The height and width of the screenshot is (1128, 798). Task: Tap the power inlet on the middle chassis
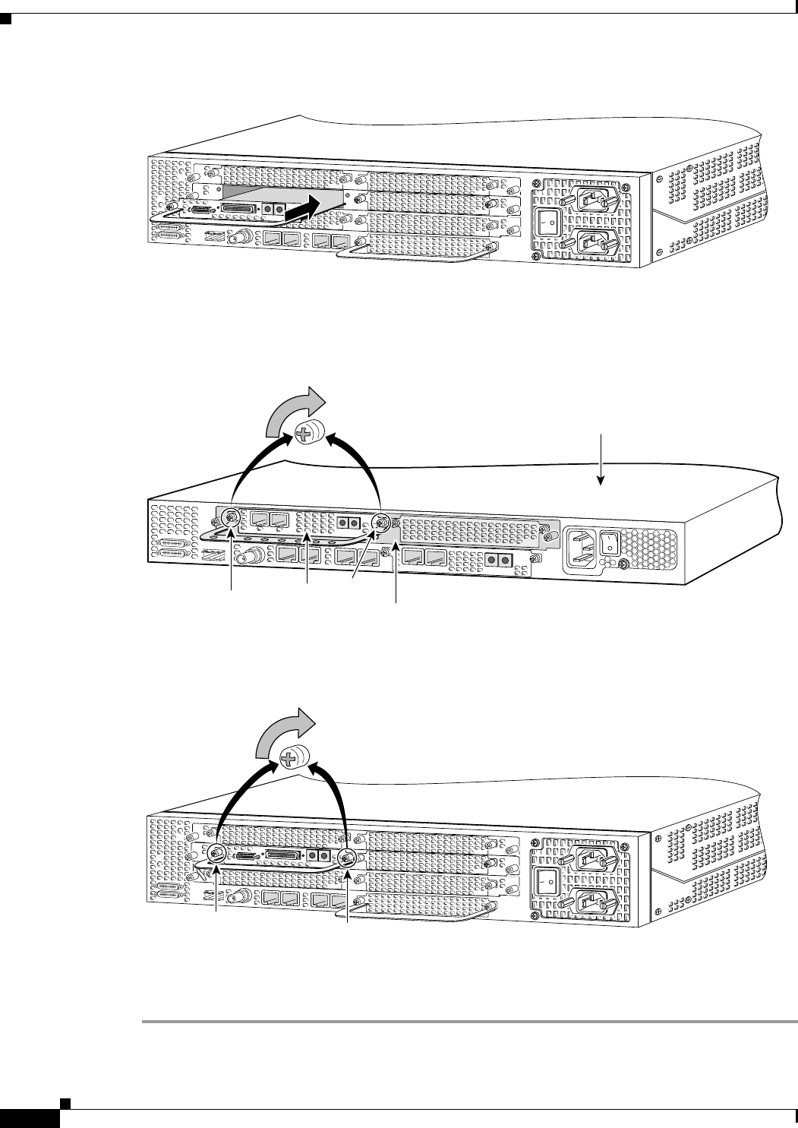point(585,544)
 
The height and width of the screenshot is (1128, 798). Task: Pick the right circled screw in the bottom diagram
point(348,859)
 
